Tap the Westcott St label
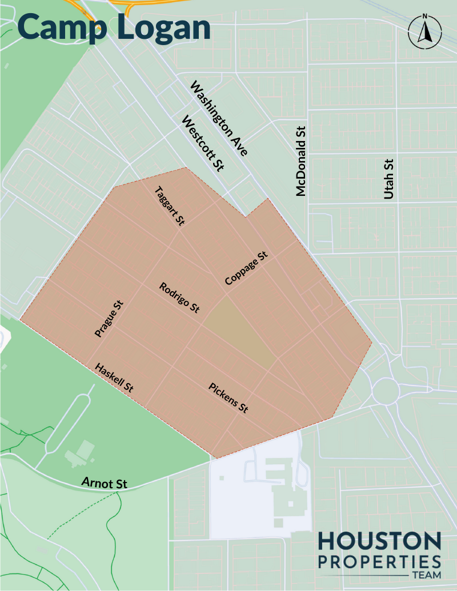203,143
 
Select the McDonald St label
302,162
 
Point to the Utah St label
390,179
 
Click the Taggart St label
168,207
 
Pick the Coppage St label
246,268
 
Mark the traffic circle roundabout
384,391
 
